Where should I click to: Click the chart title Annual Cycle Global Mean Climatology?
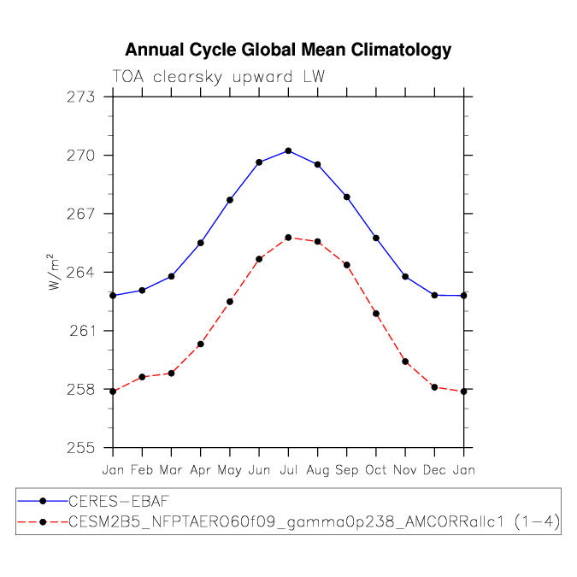pyautogui.click(x=288, y=50)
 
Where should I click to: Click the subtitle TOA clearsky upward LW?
pyautogui.click(x=218, y=77)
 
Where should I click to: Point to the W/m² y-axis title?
pyautogui.click(x=53, y=272)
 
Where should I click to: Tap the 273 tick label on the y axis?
pyautogui.click(x=87, y=97)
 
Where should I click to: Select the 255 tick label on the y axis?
pyautogui.click(x=87, y=447)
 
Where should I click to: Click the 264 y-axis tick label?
pyautogui.click(x=87, y=272)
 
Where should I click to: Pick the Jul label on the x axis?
pyautogui.click(x=288, y=469)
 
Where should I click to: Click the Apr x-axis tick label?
pyautogui.click(x=200, y=469)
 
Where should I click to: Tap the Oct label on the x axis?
pyautogui.click(x=376, y=469)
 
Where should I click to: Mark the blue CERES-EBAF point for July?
pyautogui.click(x=288, y=150)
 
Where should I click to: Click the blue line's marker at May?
pyautogui.click(x=230, y=200)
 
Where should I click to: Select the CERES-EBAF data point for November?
pyautogui.click(x=405, y=276)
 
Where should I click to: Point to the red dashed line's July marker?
pyautogui.click(x=288, y=238)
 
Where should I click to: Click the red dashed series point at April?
pyautogui.click(x=200, y=344)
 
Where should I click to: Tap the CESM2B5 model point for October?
pyautogui.click(x=376, y=314)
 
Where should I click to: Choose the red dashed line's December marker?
pyautogui.click(x=434, y=387)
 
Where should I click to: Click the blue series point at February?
pyautogui.click(x=142, y=291)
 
